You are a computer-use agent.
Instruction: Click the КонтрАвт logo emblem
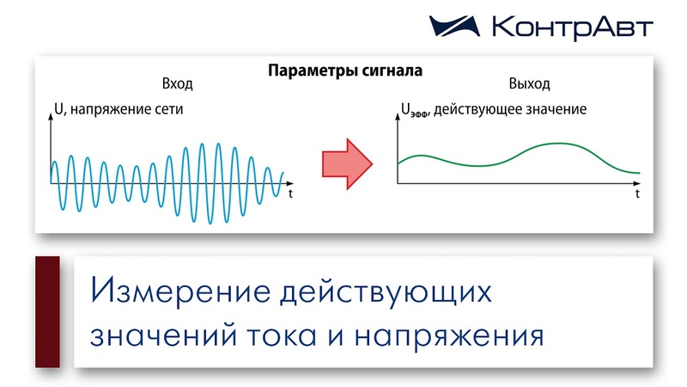point(454,27)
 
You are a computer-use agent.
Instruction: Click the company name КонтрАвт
point(572,28)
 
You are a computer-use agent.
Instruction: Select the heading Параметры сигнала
point(345,71)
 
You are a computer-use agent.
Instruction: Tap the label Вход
point(178,83)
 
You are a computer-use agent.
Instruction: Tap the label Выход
point(529,83)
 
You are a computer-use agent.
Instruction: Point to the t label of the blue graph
point(290,193)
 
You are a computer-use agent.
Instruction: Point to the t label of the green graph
point(637,193)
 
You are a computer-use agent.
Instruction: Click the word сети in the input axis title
point(168,109)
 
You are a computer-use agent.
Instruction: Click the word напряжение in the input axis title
point(111,109)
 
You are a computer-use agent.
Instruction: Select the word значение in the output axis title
point(556,109)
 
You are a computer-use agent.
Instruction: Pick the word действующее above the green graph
point(478,109)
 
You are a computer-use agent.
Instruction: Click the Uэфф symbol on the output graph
point(416,110)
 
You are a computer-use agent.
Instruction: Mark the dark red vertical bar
point(47,312)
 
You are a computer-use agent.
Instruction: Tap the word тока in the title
point(282,336)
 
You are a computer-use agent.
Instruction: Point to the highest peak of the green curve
point(557,144)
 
